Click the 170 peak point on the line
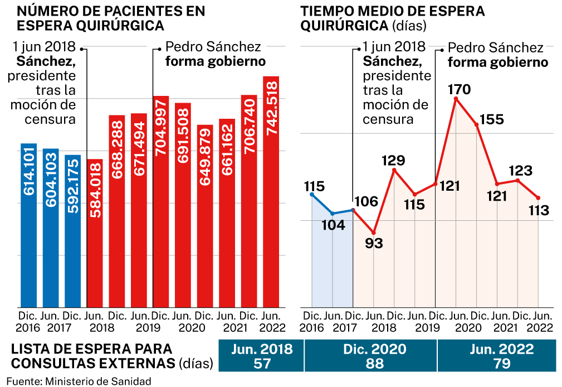[456, 99]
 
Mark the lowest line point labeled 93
[374, 233]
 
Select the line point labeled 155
[477, 125]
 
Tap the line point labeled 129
[394, 170]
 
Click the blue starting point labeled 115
[312, 194]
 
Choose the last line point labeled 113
[538, 197]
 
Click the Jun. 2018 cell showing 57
[262, 356]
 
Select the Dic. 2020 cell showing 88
[372, 356]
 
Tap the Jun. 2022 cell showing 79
[497, 356]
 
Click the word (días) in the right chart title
[409, 26]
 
